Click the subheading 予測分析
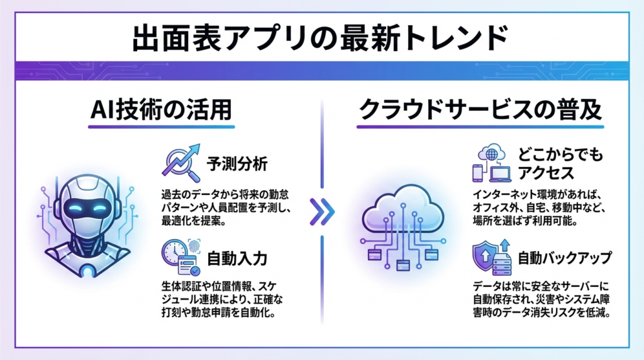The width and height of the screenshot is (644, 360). [237, 166]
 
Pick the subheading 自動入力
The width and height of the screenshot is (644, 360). [237, 257]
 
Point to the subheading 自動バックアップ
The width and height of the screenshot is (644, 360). [565, 258]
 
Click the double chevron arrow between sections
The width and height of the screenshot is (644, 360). [323, 213]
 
